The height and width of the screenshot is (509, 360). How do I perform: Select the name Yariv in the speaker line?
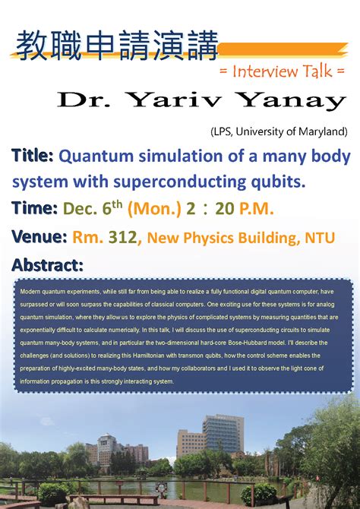pyautogui.click(x=197, y=100)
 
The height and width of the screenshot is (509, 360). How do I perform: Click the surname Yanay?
pyautogui.click(x=289, y=100)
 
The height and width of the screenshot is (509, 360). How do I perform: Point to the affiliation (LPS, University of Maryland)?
pyautogui.click(x=279, y=131)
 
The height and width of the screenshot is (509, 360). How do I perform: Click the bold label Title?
pyautogui.click(x=32, y=156)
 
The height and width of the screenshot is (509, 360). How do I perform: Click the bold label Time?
pyautogui.click(x=34, y=208)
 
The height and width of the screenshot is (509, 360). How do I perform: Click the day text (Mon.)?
pyautogui.click(x=154, y=208)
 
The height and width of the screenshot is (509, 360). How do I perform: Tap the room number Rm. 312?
pyautogui.click(x=105, y=237)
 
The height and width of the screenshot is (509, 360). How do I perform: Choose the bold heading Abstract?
pyautogui.click(x=47, y=265)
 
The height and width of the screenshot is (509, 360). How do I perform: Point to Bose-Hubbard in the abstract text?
pyautogui.click(x=243, y=342)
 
